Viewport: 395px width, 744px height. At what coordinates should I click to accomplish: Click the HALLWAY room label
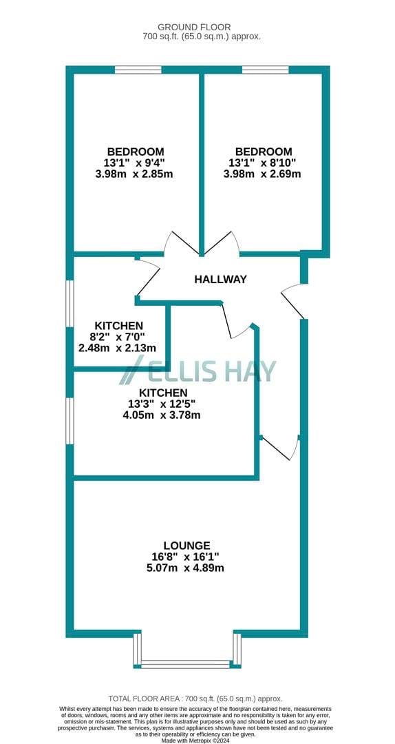pyautogui.click(x=220, y=279)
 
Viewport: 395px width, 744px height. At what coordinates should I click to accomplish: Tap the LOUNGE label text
pyautogui.click(x=186, y=546)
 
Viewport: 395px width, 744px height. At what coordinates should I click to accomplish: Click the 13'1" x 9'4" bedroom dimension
pyautogui.click(x=136, y=163)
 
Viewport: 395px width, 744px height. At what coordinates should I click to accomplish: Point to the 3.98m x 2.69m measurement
pyautogui.click(x=262, y=174)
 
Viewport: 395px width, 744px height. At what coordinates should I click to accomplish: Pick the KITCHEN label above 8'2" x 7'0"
pyautogui.click(x=118, y=326)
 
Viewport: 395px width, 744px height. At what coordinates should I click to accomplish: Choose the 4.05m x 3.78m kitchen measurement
pyautogui.click(x=162, y=415)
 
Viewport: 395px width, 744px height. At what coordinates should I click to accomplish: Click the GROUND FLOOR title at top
pyautogui.click(x=194, y=27)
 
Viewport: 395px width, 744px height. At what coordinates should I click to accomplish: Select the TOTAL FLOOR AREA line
pyautogui.click(x=195, y=699)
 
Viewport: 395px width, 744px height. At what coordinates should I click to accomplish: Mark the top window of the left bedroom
pyautogui.click(x=138, y=70)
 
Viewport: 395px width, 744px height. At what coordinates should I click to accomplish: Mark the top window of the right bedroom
pyautogui.click(x=266, y=70)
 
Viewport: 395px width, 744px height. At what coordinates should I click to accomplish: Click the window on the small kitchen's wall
pyautogui.click(x=70, y=304)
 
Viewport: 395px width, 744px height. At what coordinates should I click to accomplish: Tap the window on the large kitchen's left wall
pyautogui.click(x=70, y=421)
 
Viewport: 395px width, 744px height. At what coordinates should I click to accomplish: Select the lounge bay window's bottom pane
pyautogui.click(x=185, y=664)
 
